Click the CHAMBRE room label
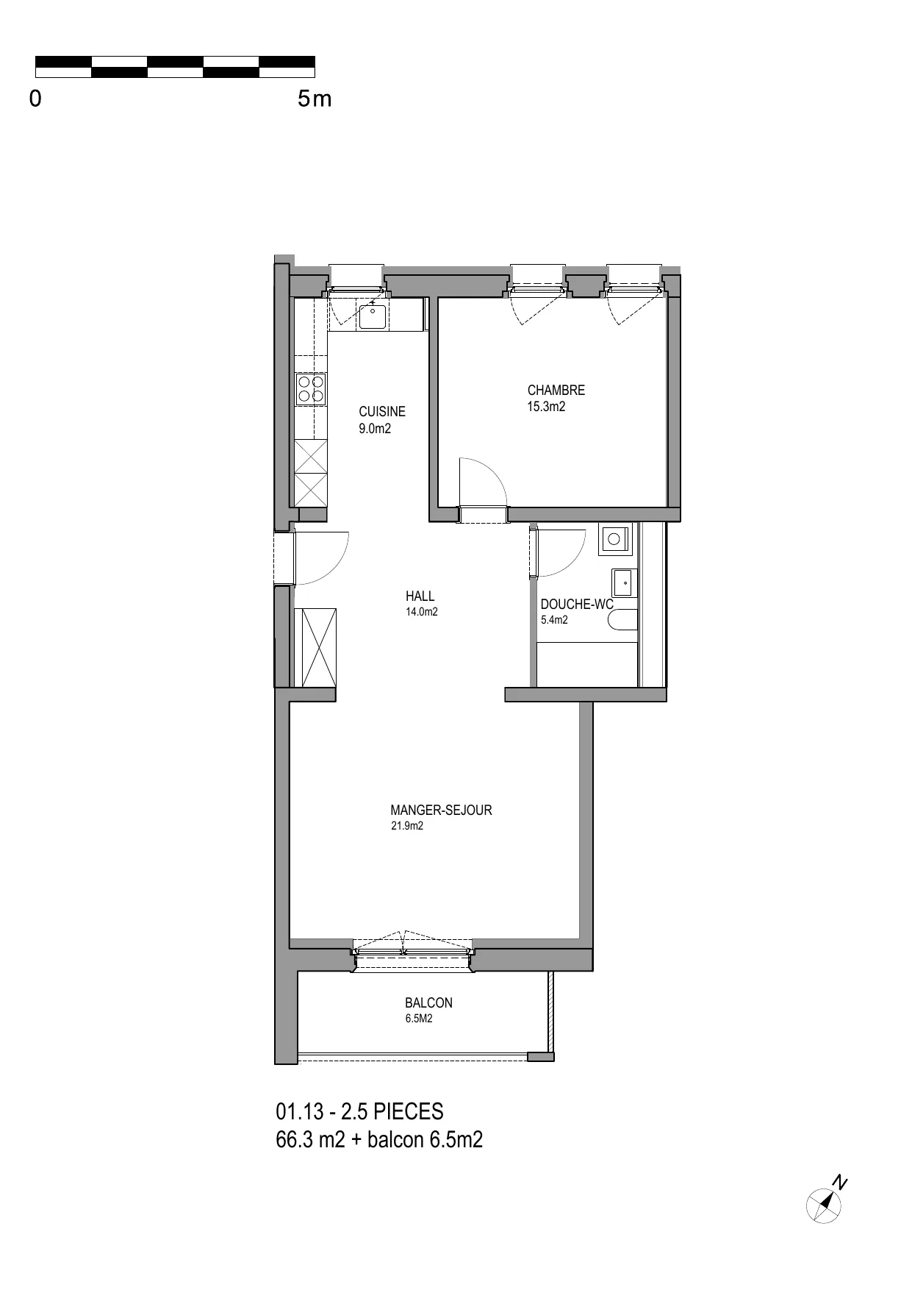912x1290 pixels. click(556, 391)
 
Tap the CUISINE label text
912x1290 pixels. click(381, 412)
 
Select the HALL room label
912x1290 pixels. click(420, 596)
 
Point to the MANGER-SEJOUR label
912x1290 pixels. click(441, 810)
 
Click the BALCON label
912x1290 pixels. click(428, 1003)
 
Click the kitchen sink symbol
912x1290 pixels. click(373, 316)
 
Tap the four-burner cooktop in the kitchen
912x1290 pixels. click(311, 388)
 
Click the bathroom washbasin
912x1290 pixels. click(623, 583)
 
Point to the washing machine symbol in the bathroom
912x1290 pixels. click(614, 539)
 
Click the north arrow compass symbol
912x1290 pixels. click(824, 1205)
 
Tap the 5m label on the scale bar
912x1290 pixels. click(315, 99)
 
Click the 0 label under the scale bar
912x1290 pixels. click(35, 99)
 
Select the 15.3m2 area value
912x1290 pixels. click(546, 407)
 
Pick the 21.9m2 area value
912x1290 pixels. click(406, 826)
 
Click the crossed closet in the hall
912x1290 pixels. click(315, 648)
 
